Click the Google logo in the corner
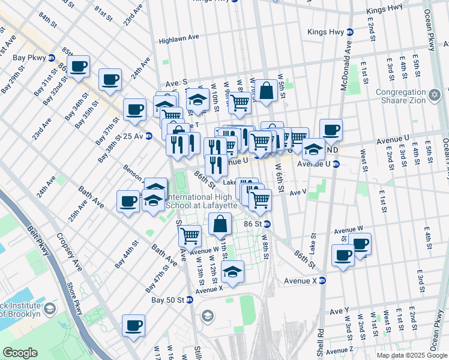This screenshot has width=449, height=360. coord(20,353)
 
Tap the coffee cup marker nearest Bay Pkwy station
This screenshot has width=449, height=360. coord(79,67)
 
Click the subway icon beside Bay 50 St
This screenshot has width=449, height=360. coord(190,299)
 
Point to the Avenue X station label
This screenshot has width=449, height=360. coord(300,280)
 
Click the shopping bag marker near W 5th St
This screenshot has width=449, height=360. coord(267,92)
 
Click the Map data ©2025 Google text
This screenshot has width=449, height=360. coord(411,355)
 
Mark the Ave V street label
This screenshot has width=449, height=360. coord(298,193)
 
